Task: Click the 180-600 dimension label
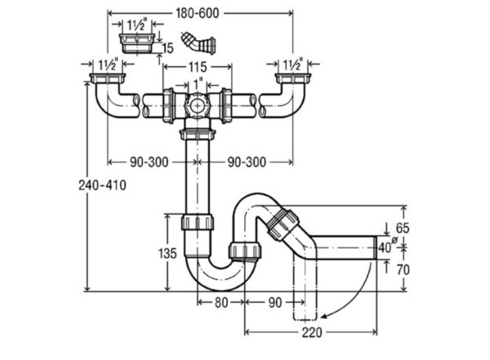[x=197, y=13]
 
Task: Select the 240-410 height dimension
[x=102, y=185]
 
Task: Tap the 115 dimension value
[x=198, y=67]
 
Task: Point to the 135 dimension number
[x=167, y=253]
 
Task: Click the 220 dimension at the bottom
[x=312, y=332]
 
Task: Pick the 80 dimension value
[x=221, y=303]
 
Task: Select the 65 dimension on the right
[x=402, y=228]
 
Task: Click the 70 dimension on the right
[x=403, y=269]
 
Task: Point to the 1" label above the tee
[x=198, y=85]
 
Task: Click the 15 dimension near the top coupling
[x=167, y=48]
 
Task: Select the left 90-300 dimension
[x=149, y=162]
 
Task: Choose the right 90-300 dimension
[x=247, y=162]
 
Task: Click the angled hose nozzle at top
[x=198, y=43]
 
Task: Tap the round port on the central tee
[x=198, y=106]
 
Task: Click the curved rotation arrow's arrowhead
[x=325, y=317]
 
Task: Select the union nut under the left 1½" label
[x=108, y=78]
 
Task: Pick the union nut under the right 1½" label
[x=293, y=78]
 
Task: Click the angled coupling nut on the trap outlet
[x=283, y=225]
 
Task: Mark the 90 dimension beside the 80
[x=275, y=303]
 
